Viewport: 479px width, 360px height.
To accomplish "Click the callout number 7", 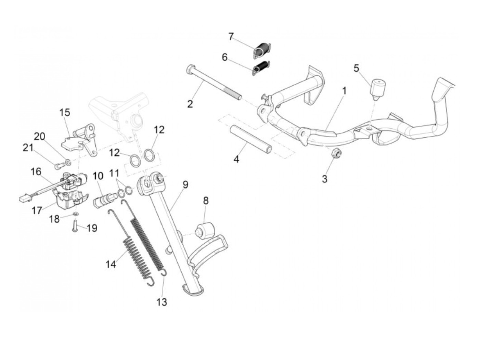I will [231, 36].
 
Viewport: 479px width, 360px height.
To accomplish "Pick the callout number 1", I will [344, 91].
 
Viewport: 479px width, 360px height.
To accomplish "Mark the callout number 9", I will [185, 185].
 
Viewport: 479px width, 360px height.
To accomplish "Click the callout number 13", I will [162, 302].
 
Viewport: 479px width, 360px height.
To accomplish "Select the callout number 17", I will [37, 210].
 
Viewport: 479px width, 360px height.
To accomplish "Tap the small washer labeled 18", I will [76, 214].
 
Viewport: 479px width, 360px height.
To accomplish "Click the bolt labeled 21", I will [57, 167].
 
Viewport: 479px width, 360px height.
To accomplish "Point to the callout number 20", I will [40, 137].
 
